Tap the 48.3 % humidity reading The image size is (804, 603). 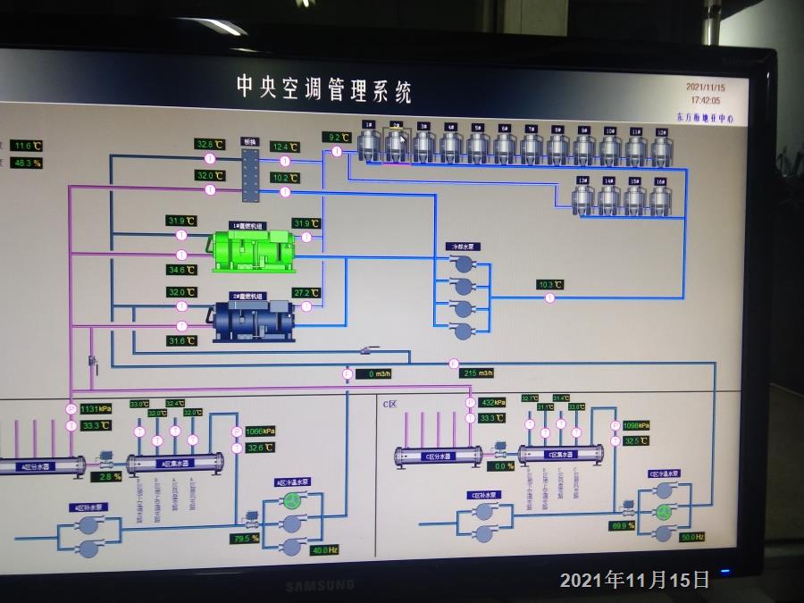[28, 163]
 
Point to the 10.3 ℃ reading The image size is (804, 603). [550, 285]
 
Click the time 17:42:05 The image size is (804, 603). [705, 101]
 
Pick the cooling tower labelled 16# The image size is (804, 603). [659, 197]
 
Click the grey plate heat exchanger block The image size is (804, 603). [250, 169]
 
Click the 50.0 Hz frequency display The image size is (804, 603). [692, 537]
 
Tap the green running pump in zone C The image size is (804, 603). [664, 512]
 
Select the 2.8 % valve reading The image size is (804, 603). [110, 477]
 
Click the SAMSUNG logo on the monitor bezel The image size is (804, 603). [319, 586]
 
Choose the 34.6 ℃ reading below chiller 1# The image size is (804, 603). [180, 269]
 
